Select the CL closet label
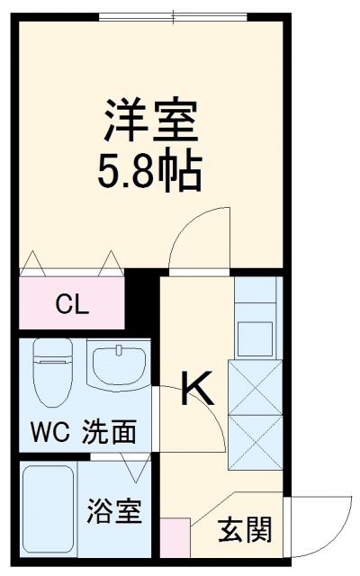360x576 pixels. pyautogui.click(x=72, y=304)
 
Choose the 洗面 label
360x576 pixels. pyautogui.click(x=110, y=433)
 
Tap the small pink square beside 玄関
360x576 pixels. pyautogui.click(x=176, y=537)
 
